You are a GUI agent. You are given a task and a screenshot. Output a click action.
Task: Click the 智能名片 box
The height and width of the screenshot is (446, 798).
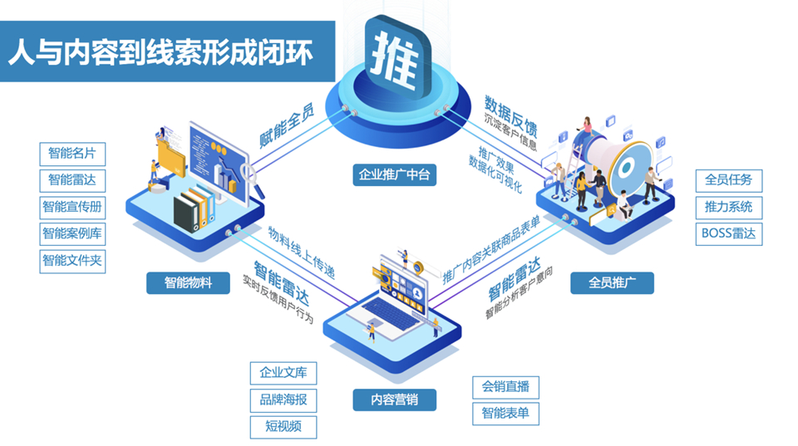tap(72, 154)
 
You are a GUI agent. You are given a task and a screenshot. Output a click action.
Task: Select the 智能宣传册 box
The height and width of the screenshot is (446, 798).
tap(72, 207)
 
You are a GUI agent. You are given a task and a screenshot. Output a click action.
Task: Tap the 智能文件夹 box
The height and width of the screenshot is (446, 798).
tap(72, 260)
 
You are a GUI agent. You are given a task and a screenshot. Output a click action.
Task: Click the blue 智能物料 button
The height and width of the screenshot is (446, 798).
tap(188, 283)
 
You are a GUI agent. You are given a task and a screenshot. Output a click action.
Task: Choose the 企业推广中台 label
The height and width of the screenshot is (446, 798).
tap(395, 175)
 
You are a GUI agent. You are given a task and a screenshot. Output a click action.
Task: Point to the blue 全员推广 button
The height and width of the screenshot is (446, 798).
tap(612, 283)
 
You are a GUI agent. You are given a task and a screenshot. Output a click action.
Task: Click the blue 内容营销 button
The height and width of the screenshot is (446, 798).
tap(395, 399)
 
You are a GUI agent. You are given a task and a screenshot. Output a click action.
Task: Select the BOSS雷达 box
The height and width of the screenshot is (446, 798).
tap(729, 233)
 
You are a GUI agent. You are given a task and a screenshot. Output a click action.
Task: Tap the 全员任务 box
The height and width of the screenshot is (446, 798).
tap(729, 180)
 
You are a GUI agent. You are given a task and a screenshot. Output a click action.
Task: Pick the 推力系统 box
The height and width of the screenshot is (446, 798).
tap(729, 207)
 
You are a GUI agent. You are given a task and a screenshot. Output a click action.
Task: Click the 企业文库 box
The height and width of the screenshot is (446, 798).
tap(283, 373)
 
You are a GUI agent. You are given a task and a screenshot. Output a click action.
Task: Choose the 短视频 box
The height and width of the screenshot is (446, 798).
tap(283, 426)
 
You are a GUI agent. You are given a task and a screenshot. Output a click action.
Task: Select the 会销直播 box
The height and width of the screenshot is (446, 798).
tap(506, 386)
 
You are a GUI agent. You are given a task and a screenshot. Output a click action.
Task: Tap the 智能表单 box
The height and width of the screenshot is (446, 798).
tap(506, 413)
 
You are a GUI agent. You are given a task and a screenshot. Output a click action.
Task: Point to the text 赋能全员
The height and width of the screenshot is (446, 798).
tap(287, 124)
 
